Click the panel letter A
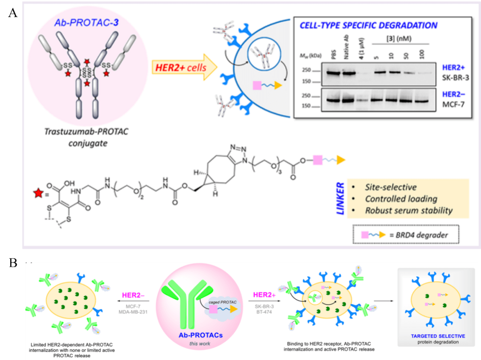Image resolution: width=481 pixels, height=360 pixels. coord(13,12)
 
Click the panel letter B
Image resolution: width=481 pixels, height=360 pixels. coord(13,263)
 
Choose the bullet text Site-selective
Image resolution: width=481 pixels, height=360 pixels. coord(391,187)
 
